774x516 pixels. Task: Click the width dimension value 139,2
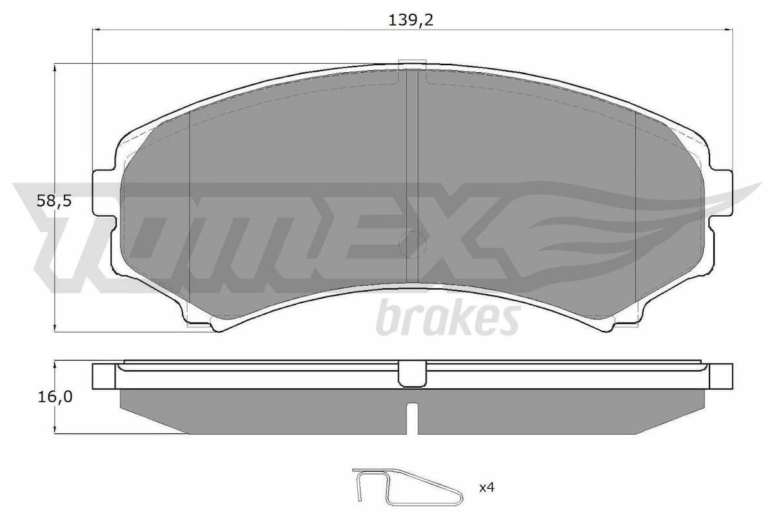410,20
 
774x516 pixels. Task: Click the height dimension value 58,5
54,201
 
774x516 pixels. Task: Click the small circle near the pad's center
413,243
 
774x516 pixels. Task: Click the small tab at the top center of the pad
413,63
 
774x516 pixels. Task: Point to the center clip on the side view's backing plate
413,374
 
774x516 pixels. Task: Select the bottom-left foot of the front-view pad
200,322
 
